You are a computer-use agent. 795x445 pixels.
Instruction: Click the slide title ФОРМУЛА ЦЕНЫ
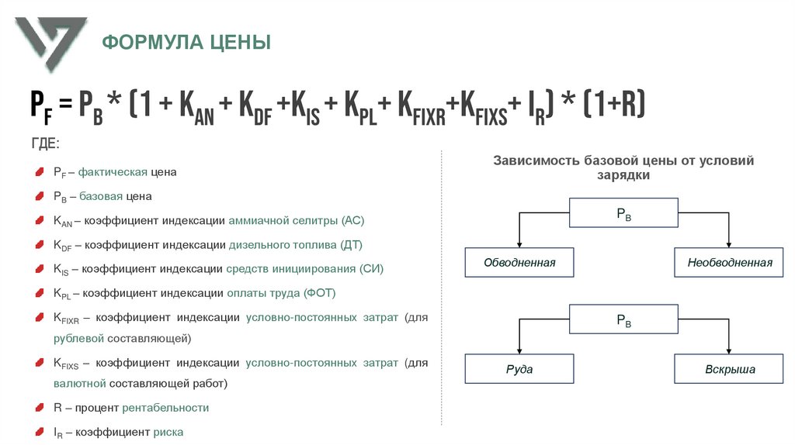click(187, 42)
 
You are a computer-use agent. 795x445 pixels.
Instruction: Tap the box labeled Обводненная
click(519, 263)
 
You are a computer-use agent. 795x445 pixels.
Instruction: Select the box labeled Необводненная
click(730, 263)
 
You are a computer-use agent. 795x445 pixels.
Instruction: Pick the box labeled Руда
click(519, 369)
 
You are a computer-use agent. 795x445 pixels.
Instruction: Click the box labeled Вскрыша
click(730, 369)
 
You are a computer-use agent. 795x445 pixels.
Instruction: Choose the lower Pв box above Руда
click(623, 319)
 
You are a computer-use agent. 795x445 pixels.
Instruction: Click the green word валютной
click(80, 384)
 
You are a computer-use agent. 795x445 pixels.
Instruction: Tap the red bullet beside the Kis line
click(40, 269)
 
